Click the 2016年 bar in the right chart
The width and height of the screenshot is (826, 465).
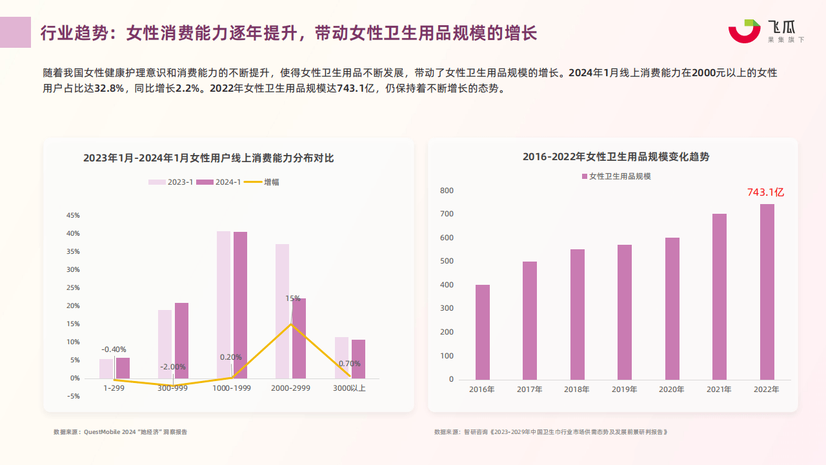pyautogui.click(x=483, y=332)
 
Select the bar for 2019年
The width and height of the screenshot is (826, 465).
pyautogui.click(x=625, y=312)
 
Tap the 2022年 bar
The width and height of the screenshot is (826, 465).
pyautogui.click(x=767, y=292)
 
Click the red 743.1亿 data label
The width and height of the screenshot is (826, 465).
pyautogui.click(x=765, y=192)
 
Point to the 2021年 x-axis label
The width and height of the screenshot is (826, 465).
pyautogui.click(x=719, y=389)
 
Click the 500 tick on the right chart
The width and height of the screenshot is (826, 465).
pyautogui.click(x=447, y=262)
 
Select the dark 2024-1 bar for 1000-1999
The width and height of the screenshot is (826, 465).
pyautogui.click(x=240, y=305)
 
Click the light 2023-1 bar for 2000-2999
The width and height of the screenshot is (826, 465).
pyautogui.click(x=282, y=311)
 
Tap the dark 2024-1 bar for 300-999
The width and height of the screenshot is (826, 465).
pyautogui.click(x=181, y=340)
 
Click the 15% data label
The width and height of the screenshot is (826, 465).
pyautogui.click(x=293, y=298)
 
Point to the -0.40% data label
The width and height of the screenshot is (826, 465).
pyautogui.click(x=114, y=349)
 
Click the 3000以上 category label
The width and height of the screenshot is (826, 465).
pyautogui.click(x=349, y=388)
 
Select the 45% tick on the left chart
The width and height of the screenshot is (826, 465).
pyautogui.click(x=73, y=216)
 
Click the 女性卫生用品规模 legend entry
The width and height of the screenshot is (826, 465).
pyautogui.click(x=616, y=176)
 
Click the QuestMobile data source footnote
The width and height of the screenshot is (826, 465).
pyautogui.click(x=120, y=431)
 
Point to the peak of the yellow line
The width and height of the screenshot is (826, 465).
pyautogui.click(x=291, y=324)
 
